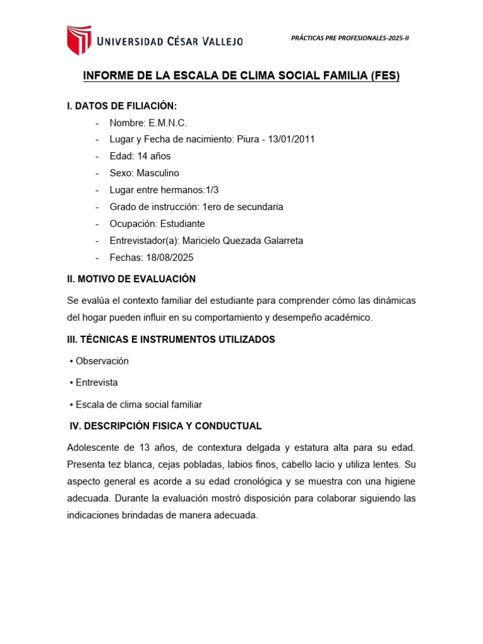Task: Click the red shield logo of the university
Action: [79, 40]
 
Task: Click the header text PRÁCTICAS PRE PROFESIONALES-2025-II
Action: [350, 38]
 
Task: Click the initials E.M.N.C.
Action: [168, 123]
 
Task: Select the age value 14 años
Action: [153, 156]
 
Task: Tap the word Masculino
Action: [158, 173]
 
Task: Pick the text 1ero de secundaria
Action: [243, 207]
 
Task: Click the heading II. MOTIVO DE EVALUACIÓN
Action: [131, 279]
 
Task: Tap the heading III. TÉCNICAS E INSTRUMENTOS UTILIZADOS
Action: [171, 340]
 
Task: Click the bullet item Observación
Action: [102, 361]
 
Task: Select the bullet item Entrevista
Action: [96, 382]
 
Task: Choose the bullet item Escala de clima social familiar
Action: [138, 404]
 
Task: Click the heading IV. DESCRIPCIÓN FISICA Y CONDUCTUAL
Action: [165, 426]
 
